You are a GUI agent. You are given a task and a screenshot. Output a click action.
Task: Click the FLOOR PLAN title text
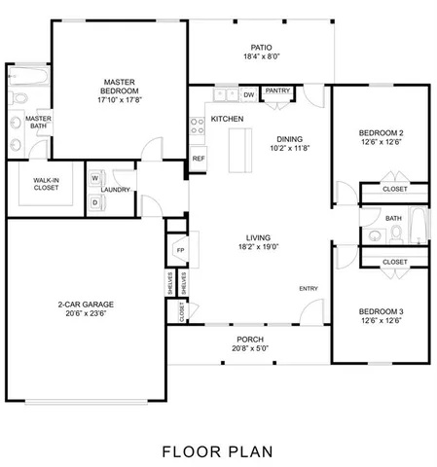[x=217, y=450]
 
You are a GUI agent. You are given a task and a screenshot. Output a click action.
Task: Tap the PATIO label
[x=261, y=47]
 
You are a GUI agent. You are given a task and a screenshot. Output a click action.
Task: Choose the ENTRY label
[x=308, y=289]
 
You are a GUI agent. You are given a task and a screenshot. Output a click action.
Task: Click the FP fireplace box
[x=180, y=250]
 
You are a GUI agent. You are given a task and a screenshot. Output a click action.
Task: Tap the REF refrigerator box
[x=198, y=158]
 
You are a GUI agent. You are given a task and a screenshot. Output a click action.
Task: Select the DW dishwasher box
[x=249, y=94]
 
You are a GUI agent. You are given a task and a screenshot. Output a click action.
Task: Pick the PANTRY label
[x=278, y=91]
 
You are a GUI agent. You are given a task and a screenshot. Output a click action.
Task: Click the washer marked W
[x=96, y=180]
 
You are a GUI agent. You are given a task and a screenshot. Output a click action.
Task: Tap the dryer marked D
[x=96, y=201]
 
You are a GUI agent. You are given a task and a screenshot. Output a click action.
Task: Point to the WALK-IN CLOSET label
[x=46, y=184]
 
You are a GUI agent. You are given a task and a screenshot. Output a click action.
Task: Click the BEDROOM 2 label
[x=381, y=132]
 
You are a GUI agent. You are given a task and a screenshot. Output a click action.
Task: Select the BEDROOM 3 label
[x=381, y=310]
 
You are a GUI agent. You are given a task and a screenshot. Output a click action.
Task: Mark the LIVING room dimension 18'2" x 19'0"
[x=257, y=247]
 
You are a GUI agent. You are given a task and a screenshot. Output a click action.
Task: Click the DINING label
[x=290, y=138]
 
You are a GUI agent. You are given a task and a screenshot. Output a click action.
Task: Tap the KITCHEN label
[x=228, y=119]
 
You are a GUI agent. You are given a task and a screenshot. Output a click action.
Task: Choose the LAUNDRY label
[x=117, y=191]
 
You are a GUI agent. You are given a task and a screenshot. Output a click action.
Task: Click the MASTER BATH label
[x=38, y=122]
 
